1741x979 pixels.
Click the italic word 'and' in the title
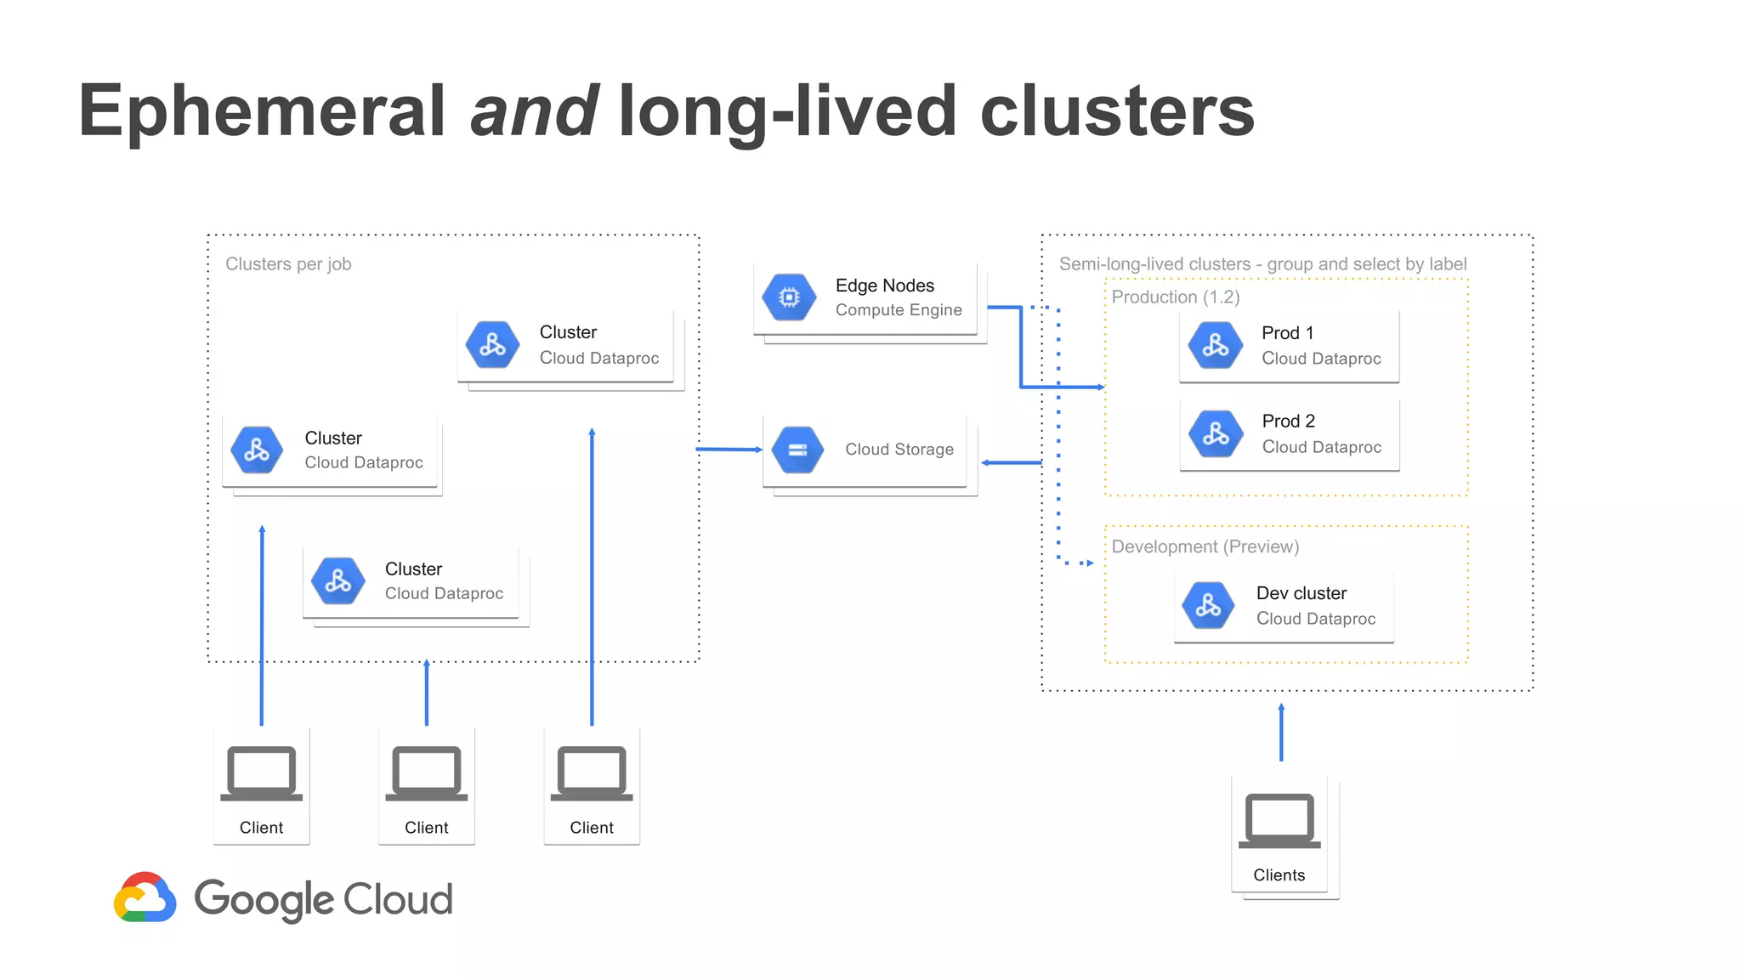(x=534, y=110)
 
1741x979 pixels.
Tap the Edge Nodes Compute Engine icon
(x=789, y=297)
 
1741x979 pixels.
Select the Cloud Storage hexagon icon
(x=797, y=450)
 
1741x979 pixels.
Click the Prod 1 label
(x=1287, y=333)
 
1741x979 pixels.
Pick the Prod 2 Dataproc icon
(x=1216, y=434)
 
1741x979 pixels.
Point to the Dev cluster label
(x=1301, y=593)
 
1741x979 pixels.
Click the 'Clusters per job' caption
(x=288, y=264)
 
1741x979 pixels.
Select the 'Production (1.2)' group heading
(x=1175, y=297)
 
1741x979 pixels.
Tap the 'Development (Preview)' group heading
(x=1205, y=546)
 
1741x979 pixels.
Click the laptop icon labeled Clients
(x=1279, y=820)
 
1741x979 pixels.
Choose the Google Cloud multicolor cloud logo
(x=145, y=897)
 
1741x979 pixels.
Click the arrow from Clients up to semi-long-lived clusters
(x=1281, y=733)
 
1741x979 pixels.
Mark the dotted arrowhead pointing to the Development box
(x=1088, y=563)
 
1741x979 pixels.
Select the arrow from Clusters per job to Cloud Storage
(x=729, y=449)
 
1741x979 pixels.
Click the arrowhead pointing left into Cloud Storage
(x=987, y=463)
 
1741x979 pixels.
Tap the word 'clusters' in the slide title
(x=1116, y=110)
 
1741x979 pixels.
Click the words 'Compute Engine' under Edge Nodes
(x=898, y=310)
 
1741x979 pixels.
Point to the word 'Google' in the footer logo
(x=264, y=899)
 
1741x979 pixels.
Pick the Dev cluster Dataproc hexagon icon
(x=1208, y=605)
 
